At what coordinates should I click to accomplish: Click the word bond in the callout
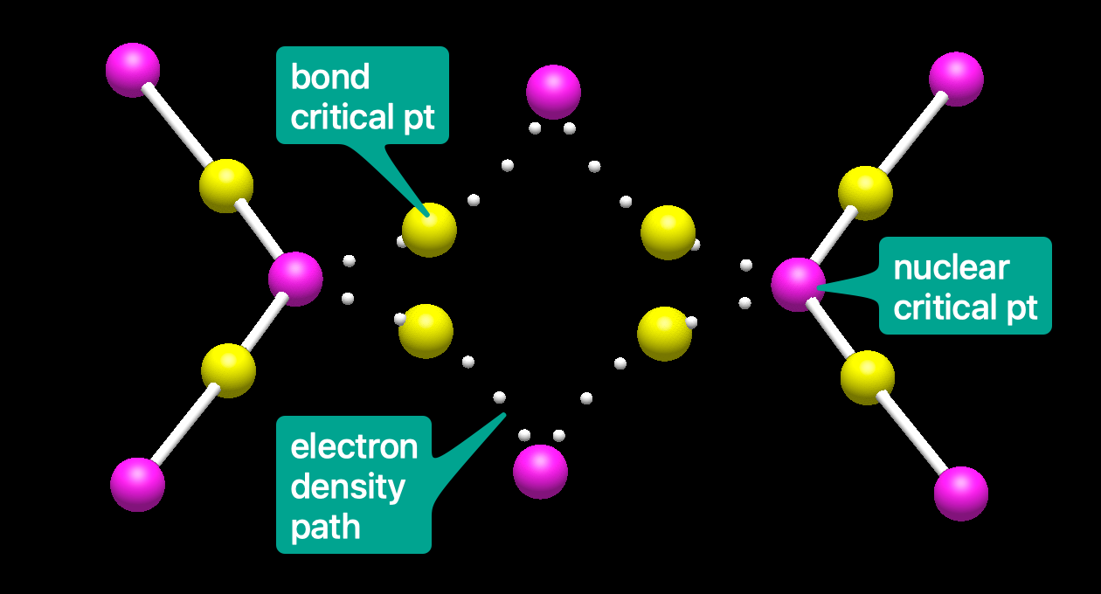click(x=330, y=78)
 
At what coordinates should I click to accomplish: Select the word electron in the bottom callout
click(x=354, y=447)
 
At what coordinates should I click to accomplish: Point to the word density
click(x=348, y=487)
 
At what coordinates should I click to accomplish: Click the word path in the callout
click(x=325, y=527)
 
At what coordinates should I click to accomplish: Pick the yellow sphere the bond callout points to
click(x=429, y=230)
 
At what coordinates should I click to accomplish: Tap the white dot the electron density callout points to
click(x=499, y=397)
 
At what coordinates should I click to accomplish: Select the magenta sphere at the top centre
click(x=553, y=91)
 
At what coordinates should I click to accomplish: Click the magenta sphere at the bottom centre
click(x=540, y=472)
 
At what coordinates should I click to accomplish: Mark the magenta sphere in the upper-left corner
click(x=133, y=70)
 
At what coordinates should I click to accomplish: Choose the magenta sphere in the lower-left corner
click(x=137, y=484)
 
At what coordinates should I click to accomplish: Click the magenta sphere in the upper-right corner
click(x=956, y=79)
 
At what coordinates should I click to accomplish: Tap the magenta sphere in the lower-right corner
click(x=960, y=494)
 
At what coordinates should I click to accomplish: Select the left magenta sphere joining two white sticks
click(x=295, y=279)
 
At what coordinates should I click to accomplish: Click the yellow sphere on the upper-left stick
click(x=226, y=186)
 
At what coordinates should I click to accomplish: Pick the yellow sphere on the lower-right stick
click(x=868, y=377)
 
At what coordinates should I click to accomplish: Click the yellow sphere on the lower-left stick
click(x=228, y=370)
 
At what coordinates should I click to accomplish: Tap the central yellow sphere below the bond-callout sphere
click(x=426, y=331)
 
